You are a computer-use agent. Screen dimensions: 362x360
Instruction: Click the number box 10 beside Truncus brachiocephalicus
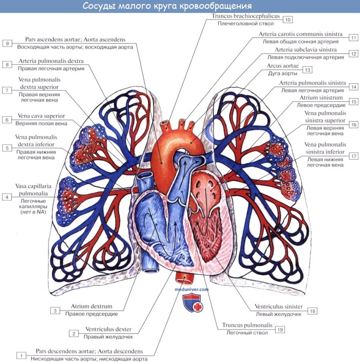point(288,20)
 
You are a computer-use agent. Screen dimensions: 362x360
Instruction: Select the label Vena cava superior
point(42,116)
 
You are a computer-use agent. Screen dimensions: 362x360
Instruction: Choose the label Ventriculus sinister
point(279,306)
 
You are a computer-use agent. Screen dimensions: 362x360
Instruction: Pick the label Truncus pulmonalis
point(247,325)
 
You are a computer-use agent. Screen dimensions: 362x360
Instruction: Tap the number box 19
point(280,330)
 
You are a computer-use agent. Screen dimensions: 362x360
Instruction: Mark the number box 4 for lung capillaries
point(7,197)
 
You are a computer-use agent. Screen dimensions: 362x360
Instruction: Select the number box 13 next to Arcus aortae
point(308,69)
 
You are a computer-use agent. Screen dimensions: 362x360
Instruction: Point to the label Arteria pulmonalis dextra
point(51,61)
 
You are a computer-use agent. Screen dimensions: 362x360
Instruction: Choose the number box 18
point(313,311)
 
